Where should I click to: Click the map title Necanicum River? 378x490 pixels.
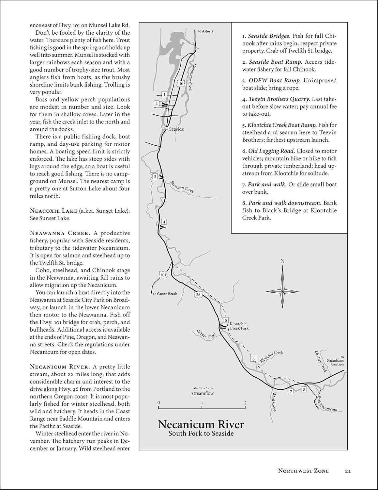coord(201,424)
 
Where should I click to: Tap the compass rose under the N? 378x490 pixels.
coord(282,290)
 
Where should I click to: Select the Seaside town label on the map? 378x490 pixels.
coord(176,129)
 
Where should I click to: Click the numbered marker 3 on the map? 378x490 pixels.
coord(155,177)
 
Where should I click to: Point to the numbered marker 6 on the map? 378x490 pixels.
coord(253,359)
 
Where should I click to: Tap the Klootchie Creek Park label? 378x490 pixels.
coord(239,326)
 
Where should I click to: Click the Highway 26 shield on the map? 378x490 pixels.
coord(198,295)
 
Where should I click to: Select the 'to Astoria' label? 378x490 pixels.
coord(205,31)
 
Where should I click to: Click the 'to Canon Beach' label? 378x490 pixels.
coord(165,294)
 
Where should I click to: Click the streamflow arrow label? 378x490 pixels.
coord(203,393)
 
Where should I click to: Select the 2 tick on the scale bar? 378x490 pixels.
coord(245,403)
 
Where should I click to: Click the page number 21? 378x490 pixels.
coord(347,471)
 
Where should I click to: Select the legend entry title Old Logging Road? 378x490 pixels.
coord(271,151)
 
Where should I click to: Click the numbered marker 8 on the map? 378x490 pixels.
coord(304,389)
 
